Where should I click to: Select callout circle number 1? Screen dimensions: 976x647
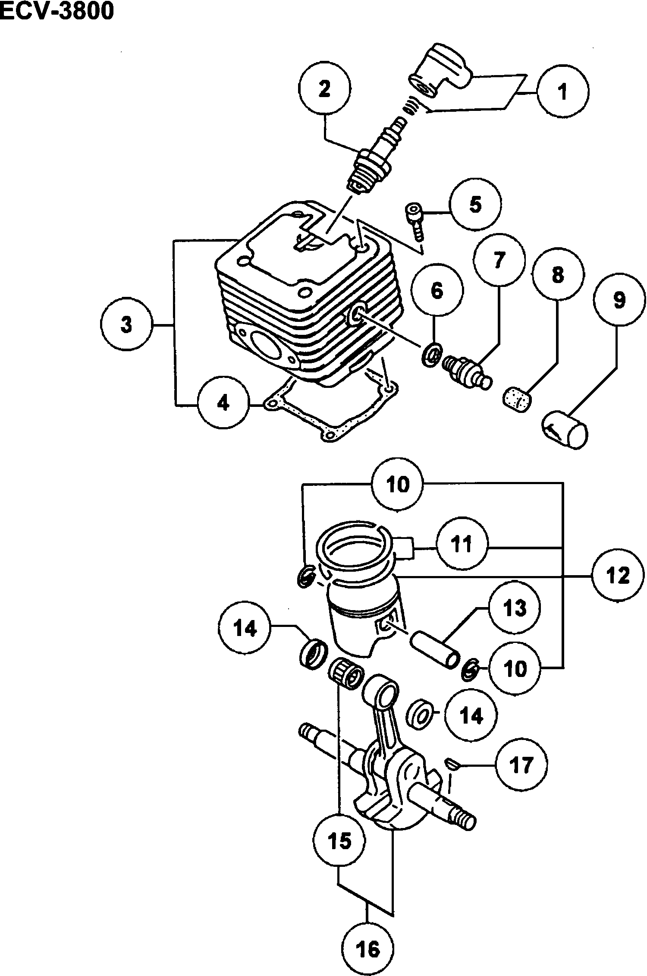[562, 91]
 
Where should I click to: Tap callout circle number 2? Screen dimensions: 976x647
[324, 88]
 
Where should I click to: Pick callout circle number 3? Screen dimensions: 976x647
[126, 324]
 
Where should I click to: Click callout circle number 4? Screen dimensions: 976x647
[223, 403]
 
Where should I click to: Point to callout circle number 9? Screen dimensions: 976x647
[619, 300]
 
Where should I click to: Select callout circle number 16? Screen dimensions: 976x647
[369, 948]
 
